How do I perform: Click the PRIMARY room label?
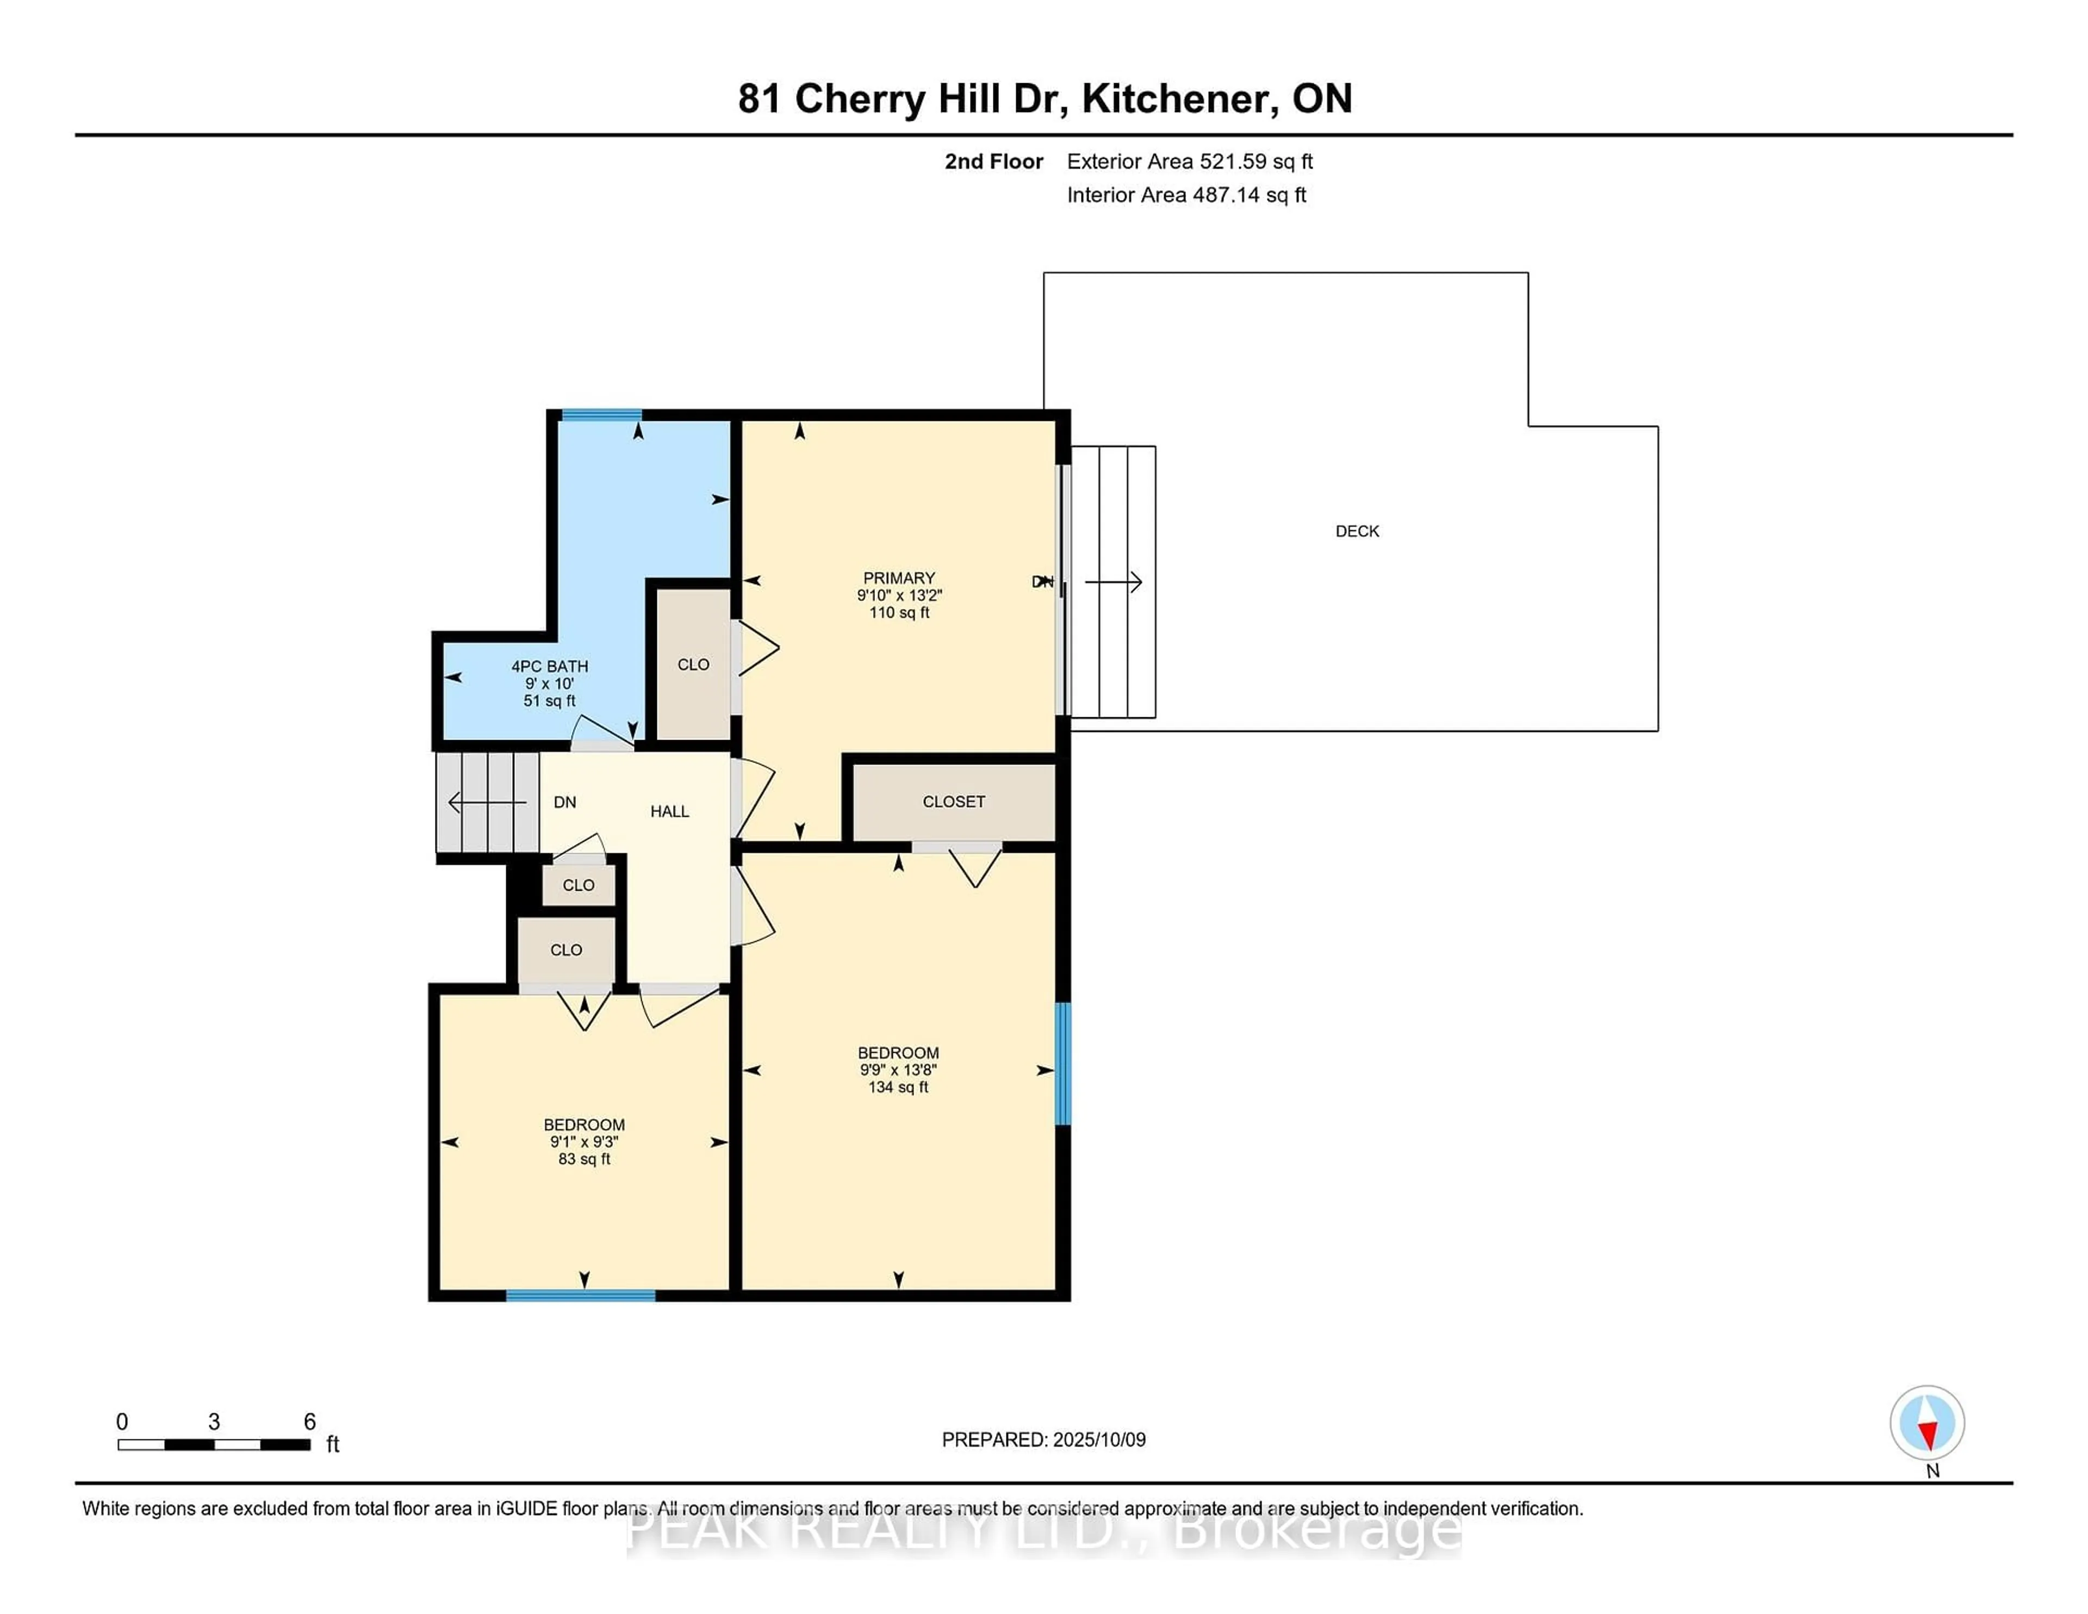tap(899, 579)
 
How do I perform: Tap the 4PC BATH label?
tap(550, 667)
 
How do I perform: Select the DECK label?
tap(1358, 532)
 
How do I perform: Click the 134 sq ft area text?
tap(899, 1087)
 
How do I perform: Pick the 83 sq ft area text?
tap(584, 1159)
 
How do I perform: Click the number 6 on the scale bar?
tap(310, 1422)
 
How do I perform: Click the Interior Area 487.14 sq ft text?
tap(1186, 195)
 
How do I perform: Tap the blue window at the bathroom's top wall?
tap(601, 415)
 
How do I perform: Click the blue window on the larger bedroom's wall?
tap(1063, 1063)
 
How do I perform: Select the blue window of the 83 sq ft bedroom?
tap(580, 1295)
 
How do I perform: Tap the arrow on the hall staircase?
tap(487, 802)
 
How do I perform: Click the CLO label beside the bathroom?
tap(693, 665)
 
